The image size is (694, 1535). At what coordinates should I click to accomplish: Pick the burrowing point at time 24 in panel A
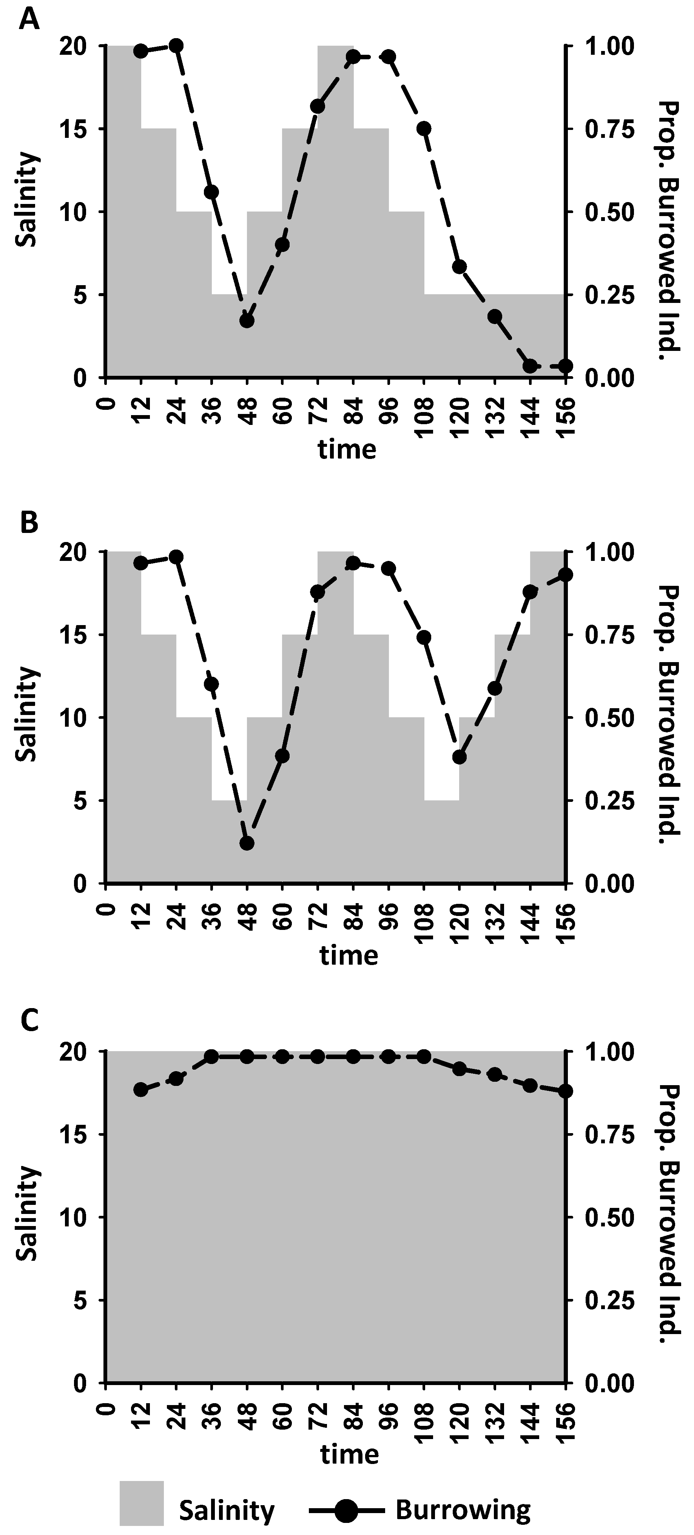pyautogui.click(x=176, y=45)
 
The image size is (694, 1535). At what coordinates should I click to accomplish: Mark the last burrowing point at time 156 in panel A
pyautogui.click(x=565, y=365)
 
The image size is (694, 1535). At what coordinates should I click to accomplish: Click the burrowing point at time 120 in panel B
pyautogui.click(x=459, y=757)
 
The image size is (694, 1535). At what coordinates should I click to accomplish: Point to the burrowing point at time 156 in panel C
pyautogui.click(x=565, y=1091)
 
